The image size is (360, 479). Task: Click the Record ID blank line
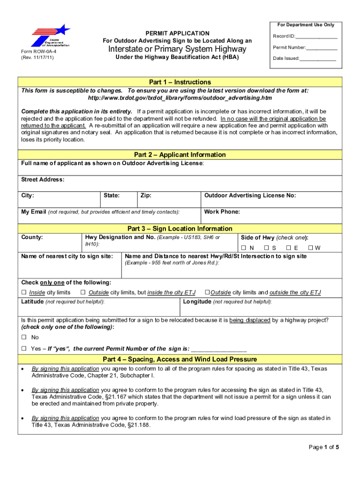316,37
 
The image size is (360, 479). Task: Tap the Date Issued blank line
317,59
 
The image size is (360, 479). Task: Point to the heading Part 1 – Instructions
180,82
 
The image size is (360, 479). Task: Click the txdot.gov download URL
180,98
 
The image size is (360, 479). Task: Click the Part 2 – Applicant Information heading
180,155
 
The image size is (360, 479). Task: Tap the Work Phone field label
222,212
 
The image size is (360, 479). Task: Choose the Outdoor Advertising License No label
250,196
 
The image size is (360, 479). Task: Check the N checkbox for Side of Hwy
244,248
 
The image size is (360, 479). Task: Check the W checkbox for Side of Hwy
310,248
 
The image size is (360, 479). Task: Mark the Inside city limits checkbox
24,293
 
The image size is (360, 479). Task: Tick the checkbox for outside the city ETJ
207,293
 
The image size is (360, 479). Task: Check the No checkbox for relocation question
24,337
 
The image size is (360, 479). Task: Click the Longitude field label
197,302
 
